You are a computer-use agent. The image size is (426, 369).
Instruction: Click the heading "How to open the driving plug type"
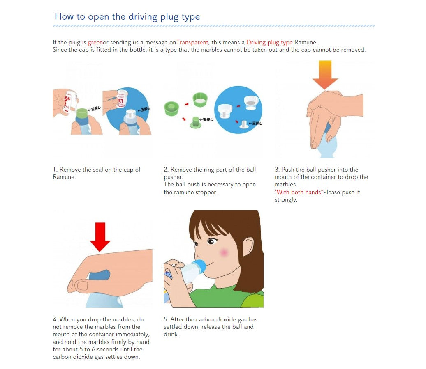[x=127, y=17]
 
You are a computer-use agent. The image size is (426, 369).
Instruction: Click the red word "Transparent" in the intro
[x=192, y=42]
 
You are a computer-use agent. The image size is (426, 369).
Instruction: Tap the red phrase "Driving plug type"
[x=269, y=43]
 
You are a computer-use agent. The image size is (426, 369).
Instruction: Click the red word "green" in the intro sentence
[x=95, y=43]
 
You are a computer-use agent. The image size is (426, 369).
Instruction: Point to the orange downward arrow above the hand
[x=325, y=75]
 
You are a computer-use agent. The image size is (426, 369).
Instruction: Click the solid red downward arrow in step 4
[x=100, y=237]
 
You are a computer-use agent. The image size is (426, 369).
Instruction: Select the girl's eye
[x=211, y=241]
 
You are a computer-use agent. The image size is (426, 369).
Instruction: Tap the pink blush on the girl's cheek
[x=224, y=253]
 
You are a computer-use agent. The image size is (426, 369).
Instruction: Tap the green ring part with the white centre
[x=200, y=99]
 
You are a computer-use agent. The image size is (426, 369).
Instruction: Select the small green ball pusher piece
[x=195, y=123]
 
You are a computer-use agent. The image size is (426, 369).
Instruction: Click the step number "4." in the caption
[x=55, y=319]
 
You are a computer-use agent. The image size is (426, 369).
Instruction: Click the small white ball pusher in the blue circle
[x=244, y=124]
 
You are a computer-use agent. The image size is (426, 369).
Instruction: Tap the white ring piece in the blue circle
[x=251, y=103]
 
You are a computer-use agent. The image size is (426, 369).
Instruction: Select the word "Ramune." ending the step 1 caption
[x=64, y=177]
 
